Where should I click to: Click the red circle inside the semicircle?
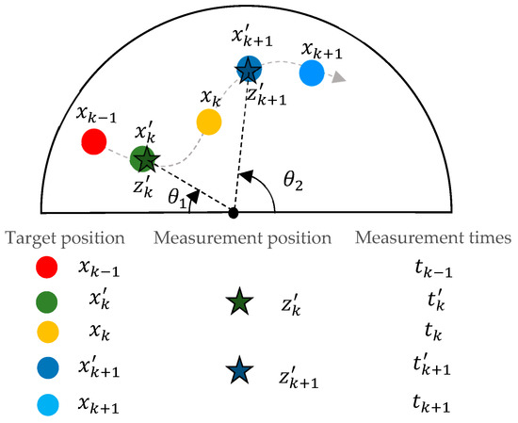(93, 142)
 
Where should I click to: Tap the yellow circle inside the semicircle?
(208, 122)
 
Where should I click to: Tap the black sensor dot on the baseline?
(234, 212)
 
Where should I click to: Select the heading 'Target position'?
(63, 236)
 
